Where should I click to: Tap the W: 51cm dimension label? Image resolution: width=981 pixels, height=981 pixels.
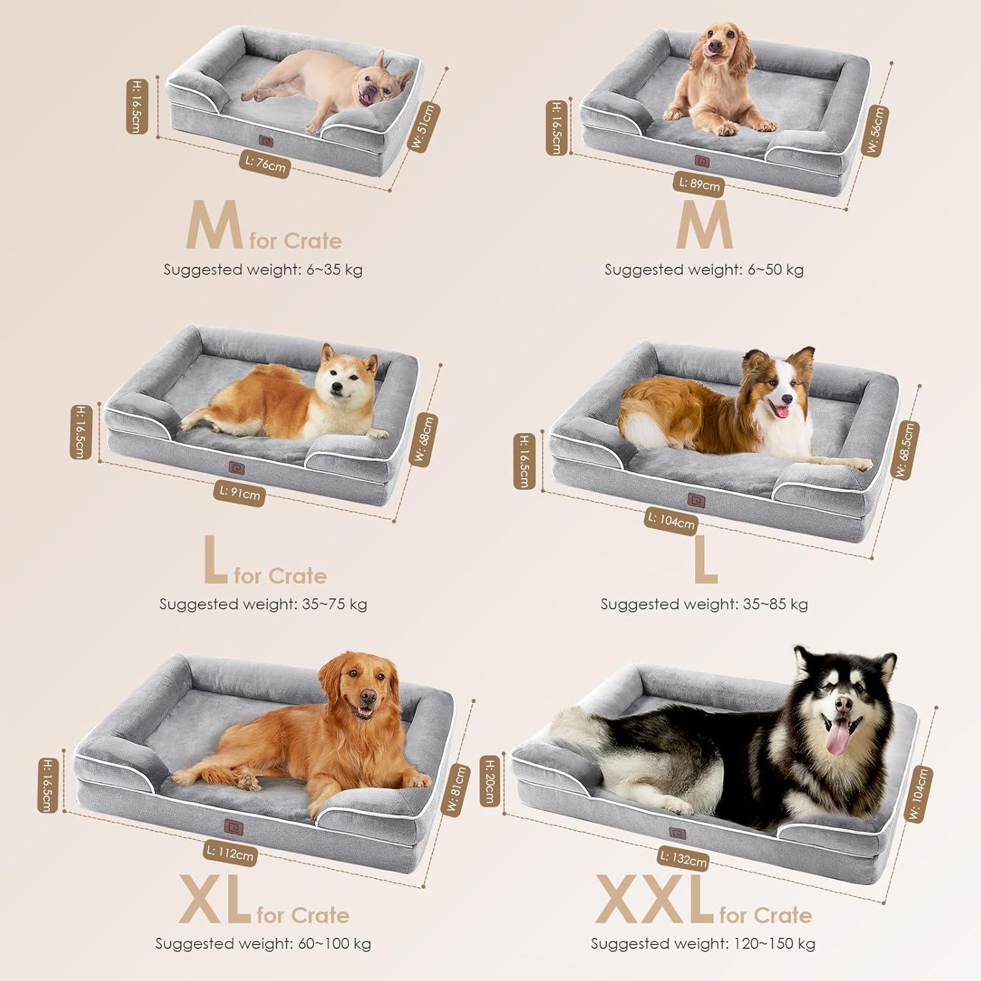426,127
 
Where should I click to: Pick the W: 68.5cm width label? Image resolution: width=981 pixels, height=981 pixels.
905,450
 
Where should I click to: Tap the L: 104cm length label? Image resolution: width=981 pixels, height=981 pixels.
670,520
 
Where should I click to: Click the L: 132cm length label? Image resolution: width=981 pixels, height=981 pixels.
683,858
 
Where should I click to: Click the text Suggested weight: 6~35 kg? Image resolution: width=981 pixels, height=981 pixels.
263,269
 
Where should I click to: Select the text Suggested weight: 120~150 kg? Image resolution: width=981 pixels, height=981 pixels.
703,943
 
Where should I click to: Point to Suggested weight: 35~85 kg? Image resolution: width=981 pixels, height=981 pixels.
704,604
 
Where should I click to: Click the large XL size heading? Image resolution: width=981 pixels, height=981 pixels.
215,901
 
